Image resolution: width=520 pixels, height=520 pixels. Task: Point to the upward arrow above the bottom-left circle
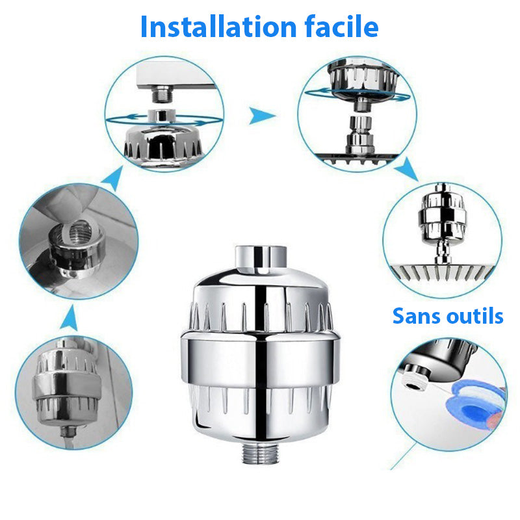click(x=73, y=320)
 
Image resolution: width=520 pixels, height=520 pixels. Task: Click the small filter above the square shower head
click(x=442, y=218)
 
